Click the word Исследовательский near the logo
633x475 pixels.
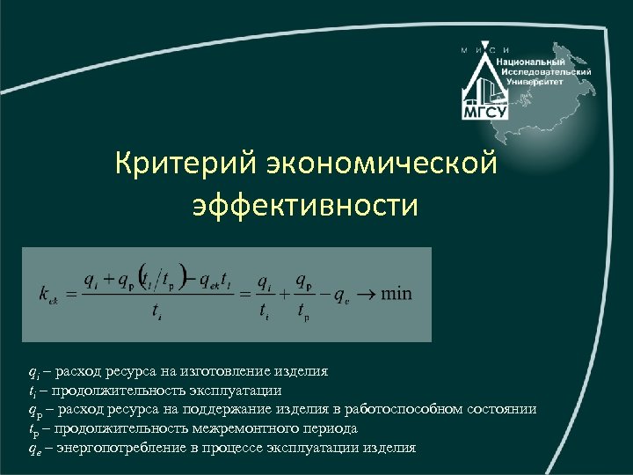[545, 71]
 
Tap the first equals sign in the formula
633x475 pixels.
[70, 294]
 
